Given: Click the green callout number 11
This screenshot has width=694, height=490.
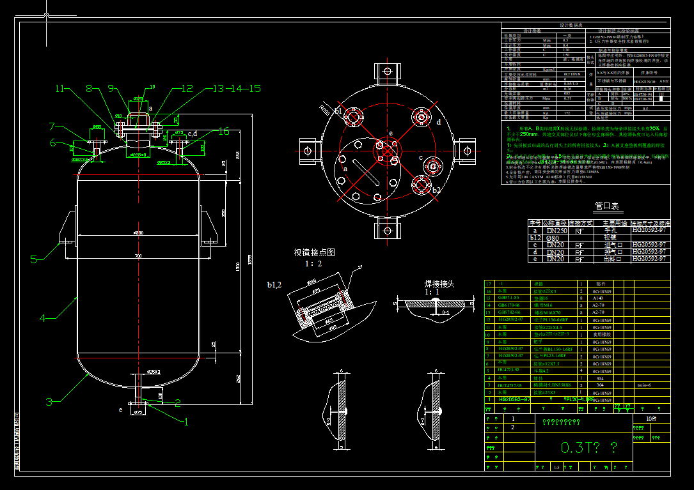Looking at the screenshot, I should [x=61, y=88].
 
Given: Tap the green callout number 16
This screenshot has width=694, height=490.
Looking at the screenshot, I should [x=223, y=131].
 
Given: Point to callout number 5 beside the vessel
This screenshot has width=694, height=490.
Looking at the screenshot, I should [x=36, y=259].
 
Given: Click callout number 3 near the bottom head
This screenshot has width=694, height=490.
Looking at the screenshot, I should [x=49, y=402].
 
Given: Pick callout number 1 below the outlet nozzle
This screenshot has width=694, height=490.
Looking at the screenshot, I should [x=187, y=422].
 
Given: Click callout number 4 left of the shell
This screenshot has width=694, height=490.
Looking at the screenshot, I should [x=43, y=317].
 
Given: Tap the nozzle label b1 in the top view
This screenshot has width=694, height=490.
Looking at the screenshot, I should [x=338, y=111].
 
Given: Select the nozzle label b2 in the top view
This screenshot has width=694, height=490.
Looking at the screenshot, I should [x=436, y=190].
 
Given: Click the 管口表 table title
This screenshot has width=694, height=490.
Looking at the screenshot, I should [x=606, y=206].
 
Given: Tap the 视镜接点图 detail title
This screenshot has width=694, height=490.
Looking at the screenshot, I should [x=314, y=252].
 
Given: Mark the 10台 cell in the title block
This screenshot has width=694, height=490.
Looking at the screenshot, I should [x=651, y=418].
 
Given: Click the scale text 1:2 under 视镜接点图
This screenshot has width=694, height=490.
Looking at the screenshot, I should [x=313, y=263].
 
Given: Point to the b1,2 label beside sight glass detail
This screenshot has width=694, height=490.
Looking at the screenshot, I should [x=274, y=284].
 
